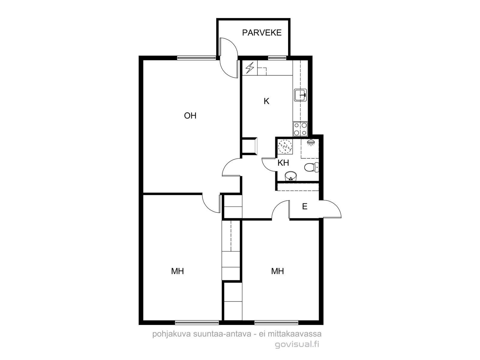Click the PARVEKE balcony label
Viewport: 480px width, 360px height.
(262, 33)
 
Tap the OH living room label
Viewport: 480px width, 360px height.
(190, 115)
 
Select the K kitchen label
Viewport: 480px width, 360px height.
(266, 101)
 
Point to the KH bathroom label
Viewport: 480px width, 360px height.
(283, 163)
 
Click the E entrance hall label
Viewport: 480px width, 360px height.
(304, 206)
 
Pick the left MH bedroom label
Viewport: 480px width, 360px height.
(177, 271)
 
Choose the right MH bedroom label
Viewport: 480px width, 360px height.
(277, 271)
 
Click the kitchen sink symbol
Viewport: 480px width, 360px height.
(300, 95)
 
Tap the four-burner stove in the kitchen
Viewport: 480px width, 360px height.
(300, 129)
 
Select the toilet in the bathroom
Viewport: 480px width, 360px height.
(311, 167)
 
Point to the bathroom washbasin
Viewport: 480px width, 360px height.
(291, 176)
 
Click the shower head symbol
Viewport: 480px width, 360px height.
(311, 142)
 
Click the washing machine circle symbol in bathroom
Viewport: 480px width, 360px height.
(285, 146)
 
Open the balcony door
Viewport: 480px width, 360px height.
(229, 58)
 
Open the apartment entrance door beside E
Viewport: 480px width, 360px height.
(332, 209)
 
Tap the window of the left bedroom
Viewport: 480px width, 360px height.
(197, 322)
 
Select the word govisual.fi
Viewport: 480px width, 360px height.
(297, 344)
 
